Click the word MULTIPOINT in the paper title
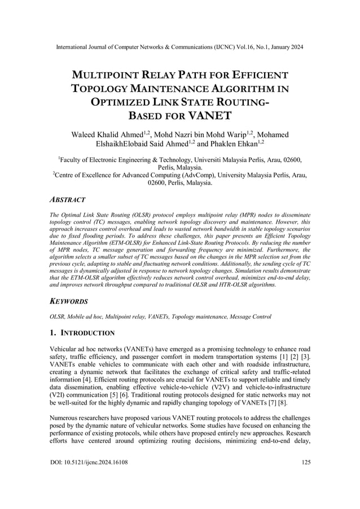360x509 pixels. (x=109, y=76)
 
